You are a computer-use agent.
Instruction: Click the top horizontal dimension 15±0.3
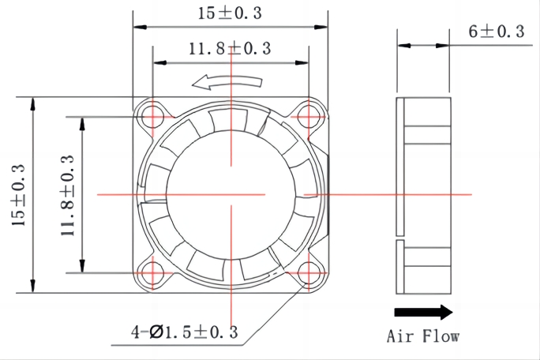(x=231, y=13)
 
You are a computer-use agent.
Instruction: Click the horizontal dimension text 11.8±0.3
(x=229, y=49)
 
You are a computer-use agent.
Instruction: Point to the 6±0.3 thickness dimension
(x=496, y=31)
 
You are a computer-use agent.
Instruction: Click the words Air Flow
(x=423, y=336)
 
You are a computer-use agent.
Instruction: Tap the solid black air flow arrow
(x=423, y=311)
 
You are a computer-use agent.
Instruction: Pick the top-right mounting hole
(x=309, y=116)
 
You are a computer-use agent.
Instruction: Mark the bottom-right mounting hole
(x=309, y=273)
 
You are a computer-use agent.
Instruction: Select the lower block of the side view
(x=426, y=268)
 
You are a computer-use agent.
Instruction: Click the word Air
(x=401, y=336)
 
